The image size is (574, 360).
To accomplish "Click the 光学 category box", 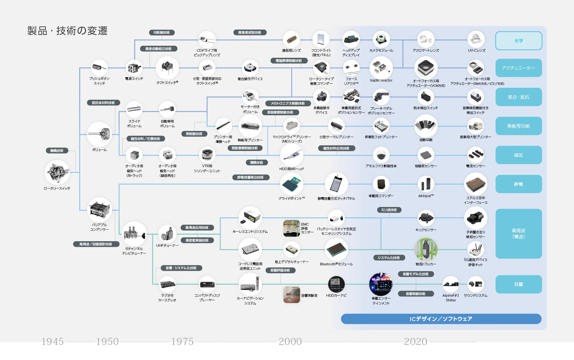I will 518,41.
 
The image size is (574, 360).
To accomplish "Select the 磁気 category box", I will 518,155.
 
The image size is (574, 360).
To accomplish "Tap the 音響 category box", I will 518,284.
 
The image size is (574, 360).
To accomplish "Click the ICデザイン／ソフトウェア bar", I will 441,319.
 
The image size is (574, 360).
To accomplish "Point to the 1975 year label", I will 182,341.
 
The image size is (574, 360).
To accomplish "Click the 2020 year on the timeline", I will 415,341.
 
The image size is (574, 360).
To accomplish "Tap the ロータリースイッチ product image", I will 57,172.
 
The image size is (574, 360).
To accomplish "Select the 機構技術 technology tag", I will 57,151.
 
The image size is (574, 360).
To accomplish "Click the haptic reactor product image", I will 381,68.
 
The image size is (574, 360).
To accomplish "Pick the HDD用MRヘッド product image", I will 291,155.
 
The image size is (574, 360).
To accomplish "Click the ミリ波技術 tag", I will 389,210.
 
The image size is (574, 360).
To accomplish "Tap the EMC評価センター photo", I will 291,228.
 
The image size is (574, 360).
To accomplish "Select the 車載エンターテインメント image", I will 380,284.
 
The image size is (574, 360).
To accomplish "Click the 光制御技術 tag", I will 162,33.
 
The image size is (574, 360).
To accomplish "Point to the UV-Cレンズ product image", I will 476,39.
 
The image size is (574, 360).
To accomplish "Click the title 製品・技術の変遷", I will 67,31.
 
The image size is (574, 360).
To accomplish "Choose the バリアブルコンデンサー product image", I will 99,210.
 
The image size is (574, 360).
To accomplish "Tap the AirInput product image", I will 426,184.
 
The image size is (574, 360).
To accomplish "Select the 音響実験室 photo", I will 291,295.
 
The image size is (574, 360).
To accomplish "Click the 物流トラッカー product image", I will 426,249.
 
